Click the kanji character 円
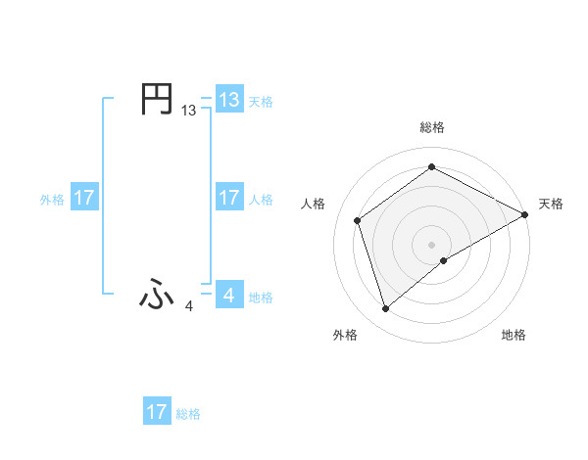click(157, 100)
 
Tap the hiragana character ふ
click(157, 295)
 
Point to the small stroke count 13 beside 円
click(188, 112)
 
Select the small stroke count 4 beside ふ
click(189, 306)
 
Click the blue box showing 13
click(229, 99)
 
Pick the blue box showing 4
click(229, 295)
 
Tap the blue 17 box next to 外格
click(83, 198)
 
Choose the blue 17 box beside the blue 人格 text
click(229, 198)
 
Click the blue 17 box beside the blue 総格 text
click(157, 412)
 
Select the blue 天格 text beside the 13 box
click(261, 101)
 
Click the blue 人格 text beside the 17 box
click(261, 199)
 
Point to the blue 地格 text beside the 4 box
click(261, 297)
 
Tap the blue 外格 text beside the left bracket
click(52, 199)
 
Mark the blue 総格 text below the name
click(188, 414)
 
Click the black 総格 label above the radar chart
click(432, 127)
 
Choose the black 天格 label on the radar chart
click(551, 204)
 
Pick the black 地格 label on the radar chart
click(514, 335)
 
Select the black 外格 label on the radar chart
click(345, 335)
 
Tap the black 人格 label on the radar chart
click(314, 204)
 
